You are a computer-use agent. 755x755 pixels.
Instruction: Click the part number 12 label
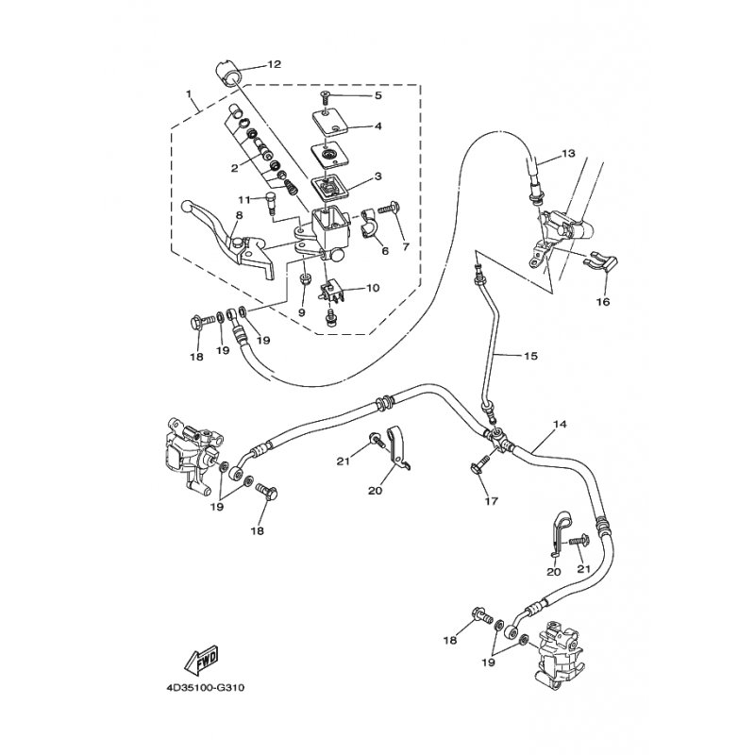pos(275,65)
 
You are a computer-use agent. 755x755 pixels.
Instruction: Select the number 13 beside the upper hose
pos(567,153)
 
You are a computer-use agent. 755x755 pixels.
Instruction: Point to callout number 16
pos(603,302)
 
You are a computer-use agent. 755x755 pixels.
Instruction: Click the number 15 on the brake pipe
pos(530,356)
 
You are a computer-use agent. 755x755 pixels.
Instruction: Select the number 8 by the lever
pos(239,215)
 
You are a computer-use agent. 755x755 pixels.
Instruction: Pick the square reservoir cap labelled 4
pos(329,125)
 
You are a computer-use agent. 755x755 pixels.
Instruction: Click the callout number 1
pos(190,95)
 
